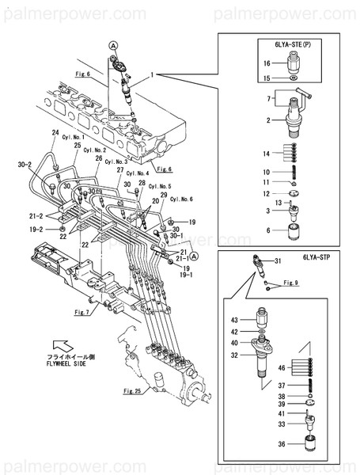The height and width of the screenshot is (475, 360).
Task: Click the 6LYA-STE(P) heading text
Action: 290,46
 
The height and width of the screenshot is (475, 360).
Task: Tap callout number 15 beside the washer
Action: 267,78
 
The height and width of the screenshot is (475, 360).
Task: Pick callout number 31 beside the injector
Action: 278,261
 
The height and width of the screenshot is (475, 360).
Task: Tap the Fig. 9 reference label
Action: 290,283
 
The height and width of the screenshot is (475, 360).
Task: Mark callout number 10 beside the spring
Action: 267,171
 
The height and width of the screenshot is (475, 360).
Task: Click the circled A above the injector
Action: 115,47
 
